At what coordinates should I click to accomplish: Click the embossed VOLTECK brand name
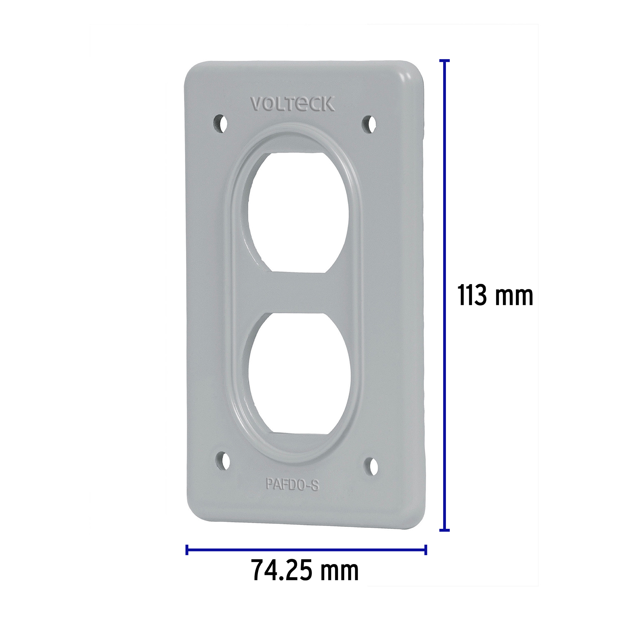pyautogui.click(x=292, y=104)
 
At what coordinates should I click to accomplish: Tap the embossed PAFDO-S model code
pyautogui.click(x=292, y=485)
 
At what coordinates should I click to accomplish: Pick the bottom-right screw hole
pyautogui.click(x=372, y=467)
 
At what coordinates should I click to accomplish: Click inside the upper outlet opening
pyautogui.click(x=297, y=211)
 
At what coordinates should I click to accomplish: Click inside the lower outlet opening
pyautogui.click(x=297, y=373)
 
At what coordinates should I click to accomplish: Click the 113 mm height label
pyautogui.click(x=495, y=296)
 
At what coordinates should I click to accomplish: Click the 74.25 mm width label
pyautogui.click(x=305, y=581)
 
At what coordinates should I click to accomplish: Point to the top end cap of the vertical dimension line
pyautogui.click(x=445, y=61)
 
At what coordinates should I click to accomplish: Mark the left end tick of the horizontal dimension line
pyautogui.click(x=187, y=550)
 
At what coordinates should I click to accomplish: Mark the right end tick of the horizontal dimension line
pyautogui.click(x=426, y=550)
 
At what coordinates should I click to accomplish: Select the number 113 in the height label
pyautogui.click(x=472, y=296)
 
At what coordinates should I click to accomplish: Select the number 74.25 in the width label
pyautogui.click(x=282, y=581)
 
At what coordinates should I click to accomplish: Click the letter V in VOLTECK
pyautogui.click(x=256, y=104)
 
